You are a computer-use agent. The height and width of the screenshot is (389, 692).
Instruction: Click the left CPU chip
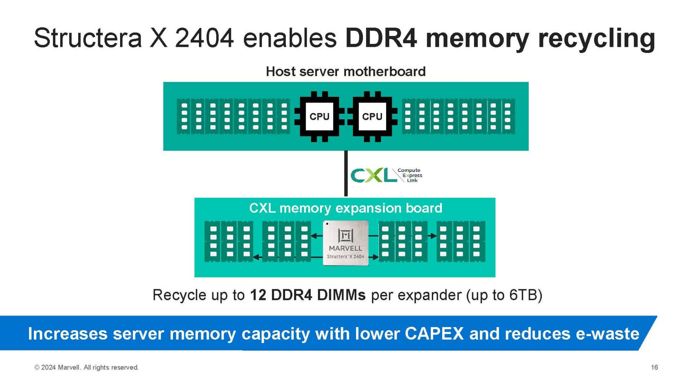pos(319,116)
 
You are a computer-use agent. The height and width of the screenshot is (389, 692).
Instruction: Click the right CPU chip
pos(372,116)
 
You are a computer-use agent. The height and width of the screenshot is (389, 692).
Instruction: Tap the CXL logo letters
pos(373,175)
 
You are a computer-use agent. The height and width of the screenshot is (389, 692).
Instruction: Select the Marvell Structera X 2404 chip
pos(346,243)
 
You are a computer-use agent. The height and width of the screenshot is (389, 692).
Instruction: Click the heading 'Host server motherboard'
pos(346,71)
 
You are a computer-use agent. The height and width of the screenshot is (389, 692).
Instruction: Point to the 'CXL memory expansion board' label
pos(346,208)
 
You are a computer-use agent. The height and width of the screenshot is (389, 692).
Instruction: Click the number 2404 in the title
pos(204,38)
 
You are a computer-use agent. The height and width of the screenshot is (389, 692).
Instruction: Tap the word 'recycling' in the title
pos(596,38)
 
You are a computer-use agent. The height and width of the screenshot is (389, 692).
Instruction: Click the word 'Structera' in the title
pos(88,38)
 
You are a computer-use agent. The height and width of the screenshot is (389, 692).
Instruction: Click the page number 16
pos(654,367)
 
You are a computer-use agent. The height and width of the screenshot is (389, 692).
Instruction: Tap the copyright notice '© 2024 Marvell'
pos(86,367)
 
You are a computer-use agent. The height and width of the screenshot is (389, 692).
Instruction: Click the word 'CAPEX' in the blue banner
pos(434,334)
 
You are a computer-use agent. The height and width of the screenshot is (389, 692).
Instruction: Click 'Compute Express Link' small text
pos(410,175)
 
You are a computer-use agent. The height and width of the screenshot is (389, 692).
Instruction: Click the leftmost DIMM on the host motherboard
pos(184,116)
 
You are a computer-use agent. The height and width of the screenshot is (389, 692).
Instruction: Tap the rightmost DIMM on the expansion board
pos(477,241)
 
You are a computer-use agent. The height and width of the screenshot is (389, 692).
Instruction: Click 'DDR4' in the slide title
pos(381,38)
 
